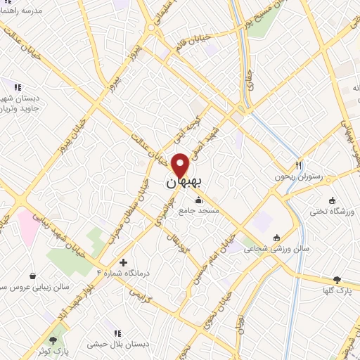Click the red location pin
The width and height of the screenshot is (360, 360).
181,164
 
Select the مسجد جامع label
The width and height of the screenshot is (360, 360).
199,210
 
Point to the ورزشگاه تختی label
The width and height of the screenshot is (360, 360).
336,211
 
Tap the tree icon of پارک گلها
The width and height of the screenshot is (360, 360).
337,279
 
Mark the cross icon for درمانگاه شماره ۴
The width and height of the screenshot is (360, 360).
124,262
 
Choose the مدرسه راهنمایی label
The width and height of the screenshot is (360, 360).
21,11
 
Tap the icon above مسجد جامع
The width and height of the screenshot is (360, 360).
199,200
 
